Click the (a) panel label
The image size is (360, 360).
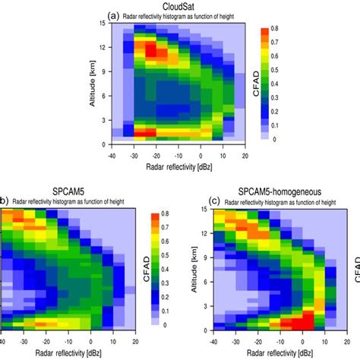(x=115, y=14)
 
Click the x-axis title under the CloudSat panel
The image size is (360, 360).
(x=180, y=165)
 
